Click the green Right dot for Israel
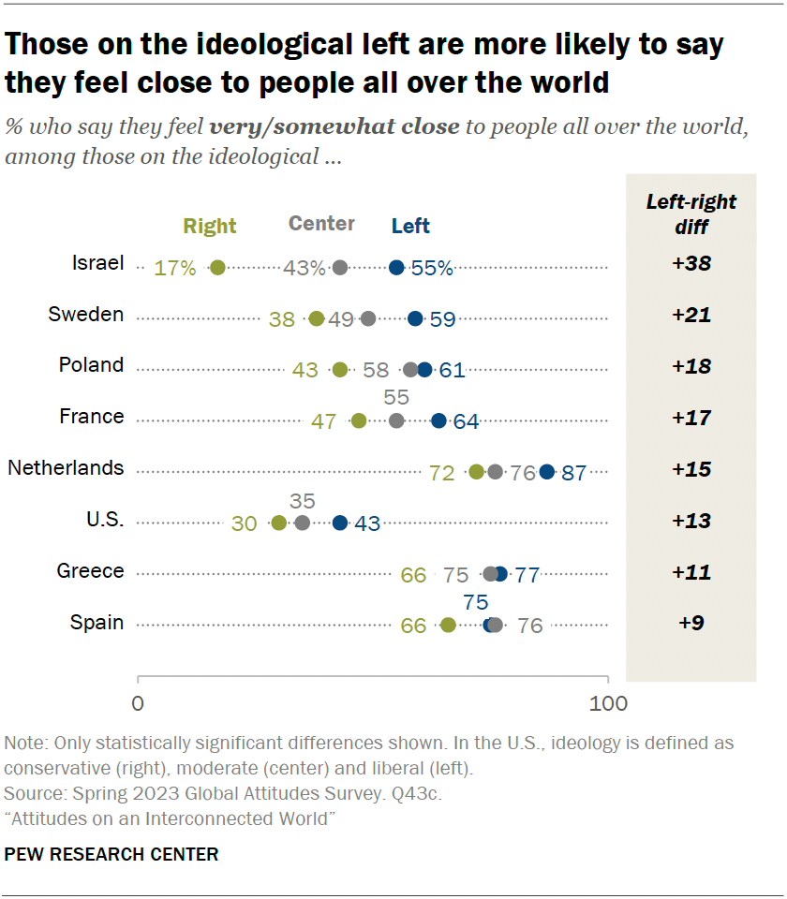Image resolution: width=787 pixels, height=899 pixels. pyautogui.click(x=217, y=268)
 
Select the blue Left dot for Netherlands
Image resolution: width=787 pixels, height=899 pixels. pyautogui.click(x=547, y=472)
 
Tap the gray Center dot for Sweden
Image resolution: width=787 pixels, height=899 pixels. pyautogui.click(x=368, y=318)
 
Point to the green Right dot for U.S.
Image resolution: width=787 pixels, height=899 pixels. pyautogui.click(x=278, y=523)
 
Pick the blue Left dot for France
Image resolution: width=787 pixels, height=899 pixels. pyautogui.click(x=438, y=420)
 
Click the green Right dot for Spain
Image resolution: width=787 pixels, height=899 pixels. pyautogui.click(x=448, y=625)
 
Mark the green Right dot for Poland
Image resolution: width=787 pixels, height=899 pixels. pyautogui.click(x=339, y=370)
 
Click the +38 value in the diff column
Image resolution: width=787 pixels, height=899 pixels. pyautogui.click(x=691, y=264)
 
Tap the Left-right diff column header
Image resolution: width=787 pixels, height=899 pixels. pyautogui.click(x=691, y=213)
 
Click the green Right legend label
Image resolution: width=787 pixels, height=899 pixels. pyautogui.click(x=210, y=226)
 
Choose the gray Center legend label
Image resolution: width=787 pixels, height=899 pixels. pyautogui.click(x=321, y=224)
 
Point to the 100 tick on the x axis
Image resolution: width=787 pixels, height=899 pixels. pyautogui.click(x=608, y=703)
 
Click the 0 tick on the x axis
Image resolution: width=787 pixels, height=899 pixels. pyautogui.click(x=139, y=703)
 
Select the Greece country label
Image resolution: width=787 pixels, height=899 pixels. pyautogui.click(x=90, y=571)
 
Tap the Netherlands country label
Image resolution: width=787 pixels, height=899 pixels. pyautogui.click(x=66, y=468)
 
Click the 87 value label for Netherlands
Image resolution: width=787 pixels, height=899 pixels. pyautogui.click(x=573, y=473)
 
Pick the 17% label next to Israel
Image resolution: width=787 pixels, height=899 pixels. pyautogui.click(x=176, y=269)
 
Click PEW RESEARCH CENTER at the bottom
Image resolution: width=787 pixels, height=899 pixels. pyautogui.click(x=111, y=854)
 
